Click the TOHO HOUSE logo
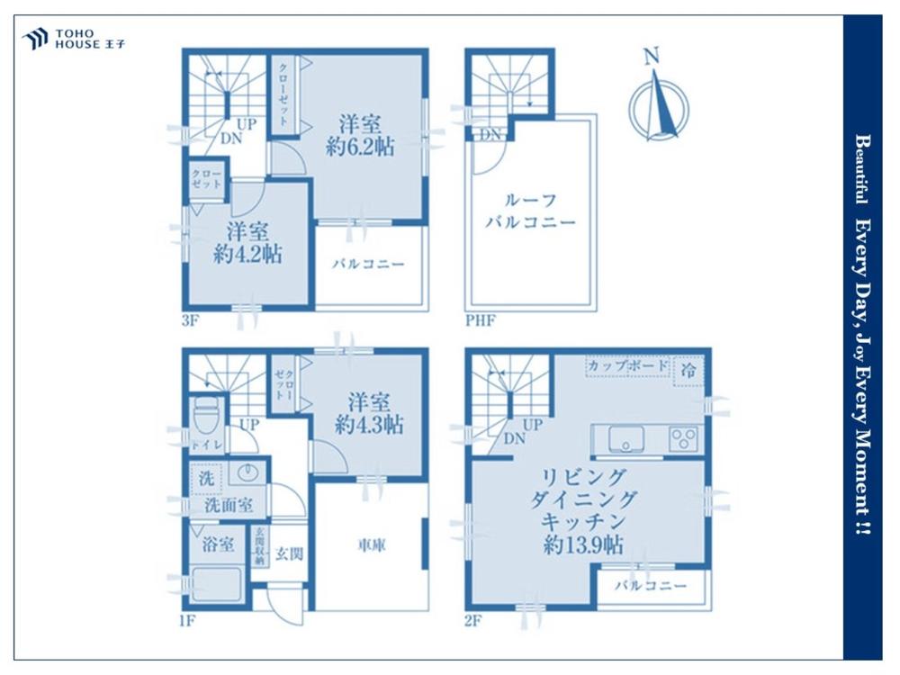[x=74, y=39]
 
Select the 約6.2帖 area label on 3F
[x=360, y=148]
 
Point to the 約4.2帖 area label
[x=247, y=255]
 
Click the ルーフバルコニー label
[x=530, y=211]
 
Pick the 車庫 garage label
[x=372, y=546]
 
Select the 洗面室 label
[x=229, y=506]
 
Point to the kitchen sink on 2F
[x=625, y=440]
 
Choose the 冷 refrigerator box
[x=688, y=371]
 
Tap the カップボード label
[x=628, y=365]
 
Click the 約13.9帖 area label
[x=583, y=544]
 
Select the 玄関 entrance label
[x=289, y=553]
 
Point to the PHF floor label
[x=480, y=319]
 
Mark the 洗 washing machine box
[x=205, y=478]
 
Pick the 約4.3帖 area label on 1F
[x=369, y=426]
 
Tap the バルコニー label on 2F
[x=651, y=586]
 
